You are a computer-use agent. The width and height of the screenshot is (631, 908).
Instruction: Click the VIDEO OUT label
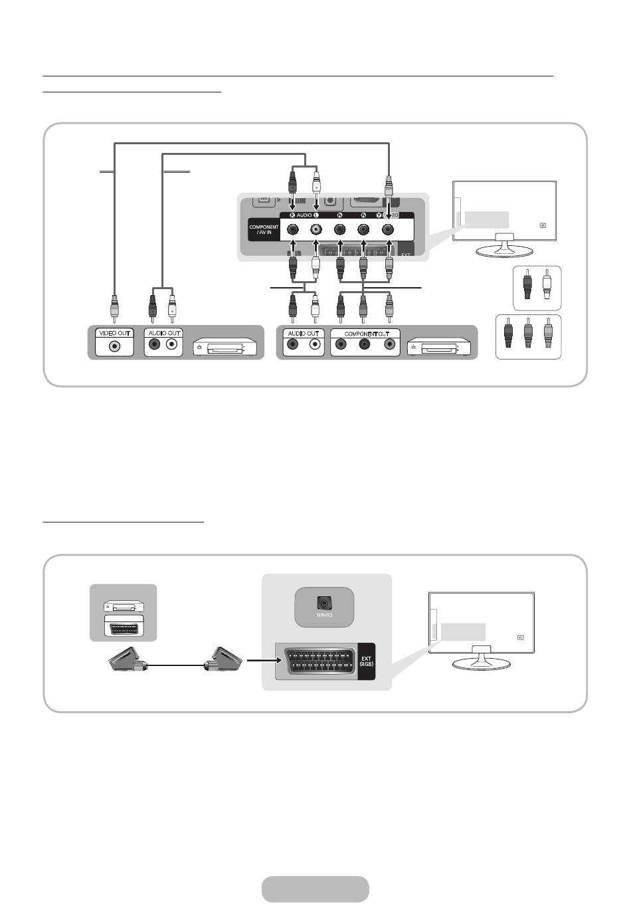[116, 333]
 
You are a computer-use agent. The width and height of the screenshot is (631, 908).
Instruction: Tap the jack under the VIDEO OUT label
[116, 346]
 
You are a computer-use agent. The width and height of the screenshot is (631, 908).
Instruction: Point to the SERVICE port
[324, 604]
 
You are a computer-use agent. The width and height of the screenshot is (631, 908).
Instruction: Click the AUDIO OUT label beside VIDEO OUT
[163, 333]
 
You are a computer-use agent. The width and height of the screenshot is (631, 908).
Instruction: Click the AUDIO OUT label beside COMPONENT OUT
[304, 333]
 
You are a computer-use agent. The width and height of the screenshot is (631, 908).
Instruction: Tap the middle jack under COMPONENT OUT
[364, 345]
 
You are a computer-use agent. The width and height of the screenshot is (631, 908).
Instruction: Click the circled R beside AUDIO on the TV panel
[292, 215]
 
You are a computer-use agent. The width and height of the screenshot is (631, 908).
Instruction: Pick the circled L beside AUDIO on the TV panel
[316, 215]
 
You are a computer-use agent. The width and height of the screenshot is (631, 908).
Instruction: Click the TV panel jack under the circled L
[315, 230]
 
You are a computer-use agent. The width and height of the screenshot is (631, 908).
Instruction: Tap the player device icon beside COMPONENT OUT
[439, 347]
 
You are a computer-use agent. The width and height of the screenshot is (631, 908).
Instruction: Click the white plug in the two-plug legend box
[547, 288]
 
